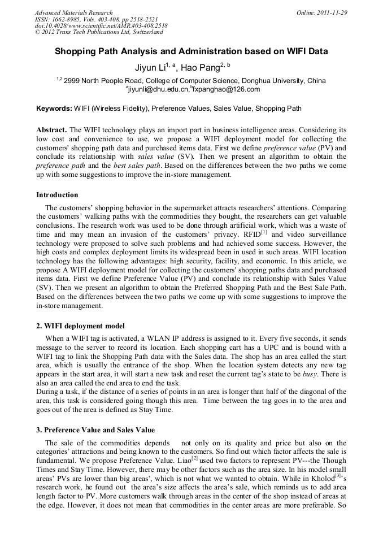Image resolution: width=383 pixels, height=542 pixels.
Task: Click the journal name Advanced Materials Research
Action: point(73,12)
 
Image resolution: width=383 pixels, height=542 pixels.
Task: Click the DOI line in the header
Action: point(101,25)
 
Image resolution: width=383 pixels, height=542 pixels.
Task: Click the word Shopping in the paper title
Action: point(79,51)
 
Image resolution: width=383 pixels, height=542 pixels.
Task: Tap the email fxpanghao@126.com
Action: point(226,89)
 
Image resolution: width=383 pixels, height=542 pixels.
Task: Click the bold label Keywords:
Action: point(54,109)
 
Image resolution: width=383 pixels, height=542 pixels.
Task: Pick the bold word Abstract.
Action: point(51,129)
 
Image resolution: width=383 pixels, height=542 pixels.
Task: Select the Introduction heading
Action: point(57,195)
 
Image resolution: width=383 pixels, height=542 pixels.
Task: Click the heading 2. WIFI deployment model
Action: point(80,326)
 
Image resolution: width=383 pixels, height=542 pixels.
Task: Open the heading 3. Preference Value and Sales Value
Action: point(95,430)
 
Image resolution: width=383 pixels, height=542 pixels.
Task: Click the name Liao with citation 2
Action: point(182,461)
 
